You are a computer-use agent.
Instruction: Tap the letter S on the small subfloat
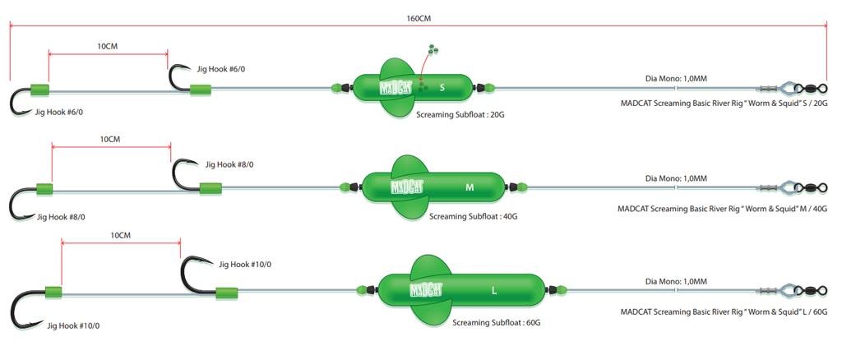(442, 87)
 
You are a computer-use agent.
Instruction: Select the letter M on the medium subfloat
(470, 187)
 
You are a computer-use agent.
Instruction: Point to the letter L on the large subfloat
(493, 290)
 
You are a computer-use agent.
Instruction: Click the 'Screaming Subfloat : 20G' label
(460, 116)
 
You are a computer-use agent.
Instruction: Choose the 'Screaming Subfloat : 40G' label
(473, 217)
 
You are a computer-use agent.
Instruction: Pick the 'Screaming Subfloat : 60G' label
(497, 323)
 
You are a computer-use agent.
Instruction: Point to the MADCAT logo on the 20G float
(397, 87)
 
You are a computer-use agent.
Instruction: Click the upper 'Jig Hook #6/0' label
(221, 69)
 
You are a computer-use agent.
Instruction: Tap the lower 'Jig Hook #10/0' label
(79, 325)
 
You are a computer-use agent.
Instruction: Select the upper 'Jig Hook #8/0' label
(229, 165)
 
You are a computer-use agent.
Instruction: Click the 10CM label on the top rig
(108, 47)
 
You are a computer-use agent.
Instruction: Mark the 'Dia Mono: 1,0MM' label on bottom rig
(676, 281)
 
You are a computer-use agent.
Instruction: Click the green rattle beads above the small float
(433, 51)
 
